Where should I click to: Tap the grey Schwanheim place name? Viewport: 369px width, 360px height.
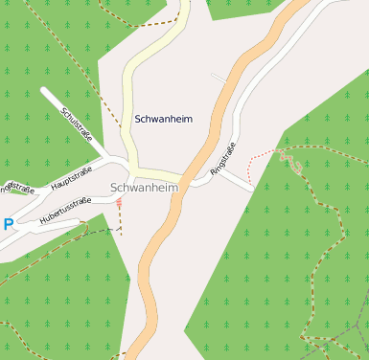click(145, 188)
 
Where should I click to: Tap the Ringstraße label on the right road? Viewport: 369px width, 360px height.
click(222, 159)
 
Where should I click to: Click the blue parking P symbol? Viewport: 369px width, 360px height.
click(8, 225)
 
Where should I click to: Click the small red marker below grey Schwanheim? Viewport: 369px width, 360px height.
click(119, 203)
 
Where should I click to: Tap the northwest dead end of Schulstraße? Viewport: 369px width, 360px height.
click(44, 91)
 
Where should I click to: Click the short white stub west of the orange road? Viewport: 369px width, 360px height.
click(219, 76)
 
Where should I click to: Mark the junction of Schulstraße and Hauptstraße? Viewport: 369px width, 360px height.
click(117, 161)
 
